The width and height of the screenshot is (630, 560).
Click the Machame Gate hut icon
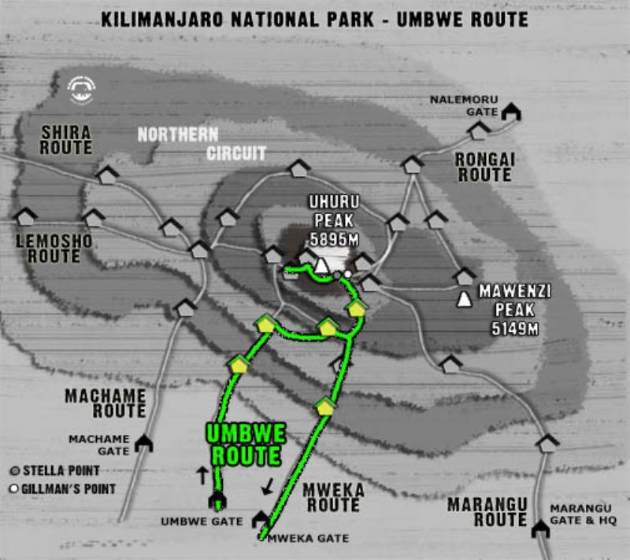pos(143,444)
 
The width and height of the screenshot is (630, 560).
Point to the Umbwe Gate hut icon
pos(216,499)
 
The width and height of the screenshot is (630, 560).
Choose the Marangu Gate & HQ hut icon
pos(540,529)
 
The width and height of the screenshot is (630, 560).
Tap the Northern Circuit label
pos(202,143)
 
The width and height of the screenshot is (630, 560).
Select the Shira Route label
pos(66,140)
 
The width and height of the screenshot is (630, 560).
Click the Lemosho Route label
pos(54,248)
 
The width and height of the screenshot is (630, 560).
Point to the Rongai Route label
pos(484,167)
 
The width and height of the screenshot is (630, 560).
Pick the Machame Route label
pos(106,403)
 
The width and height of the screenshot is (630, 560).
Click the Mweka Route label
pos(333,497)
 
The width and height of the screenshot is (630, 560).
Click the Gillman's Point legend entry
pos(63,489)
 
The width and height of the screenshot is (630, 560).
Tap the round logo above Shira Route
pos(81,89)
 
